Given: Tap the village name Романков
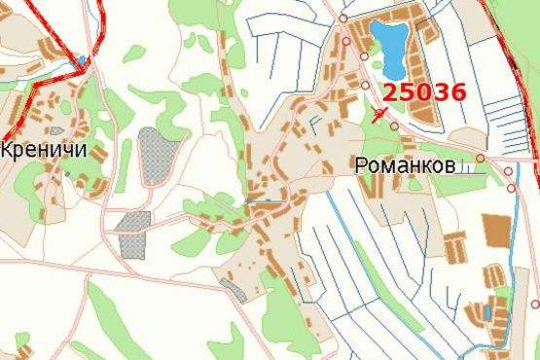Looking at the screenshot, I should pos(406,166).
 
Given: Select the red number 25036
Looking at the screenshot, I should pos(424,93).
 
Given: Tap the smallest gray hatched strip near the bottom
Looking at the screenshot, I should pos(234,289).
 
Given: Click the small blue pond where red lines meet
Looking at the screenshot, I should pos(83,60).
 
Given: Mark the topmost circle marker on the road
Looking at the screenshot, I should pos(343,18).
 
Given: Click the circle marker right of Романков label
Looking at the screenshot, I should pos(481,158).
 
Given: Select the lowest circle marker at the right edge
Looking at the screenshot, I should pos(535,304).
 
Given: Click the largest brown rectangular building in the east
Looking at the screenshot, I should pos(496,231).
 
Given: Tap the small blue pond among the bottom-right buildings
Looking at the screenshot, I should pos(486,311).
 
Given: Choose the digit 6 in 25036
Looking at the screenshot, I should pos(457,93).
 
